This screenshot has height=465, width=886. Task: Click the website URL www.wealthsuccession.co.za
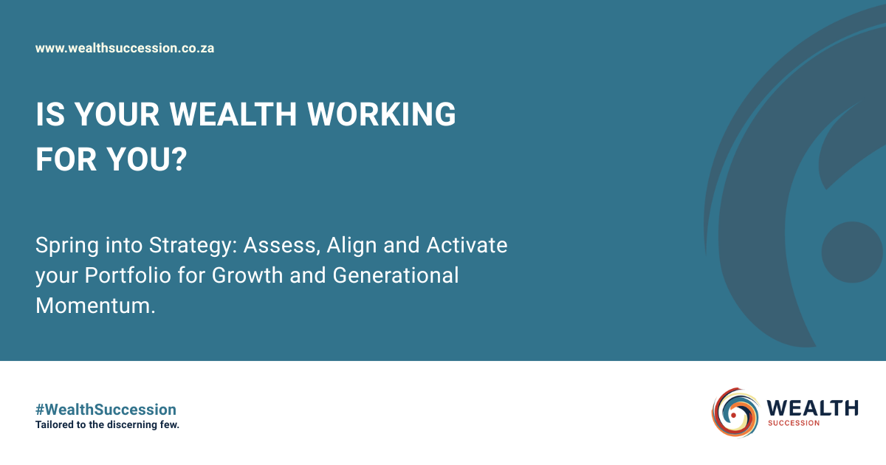[x=125, y=48]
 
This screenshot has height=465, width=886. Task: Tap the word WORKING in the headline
[x=381, y=114]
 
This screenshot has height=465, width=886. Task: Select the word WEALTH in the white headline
[x=233, y=114]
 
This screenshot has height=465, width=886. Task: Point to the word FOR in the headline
[x=66, y=159]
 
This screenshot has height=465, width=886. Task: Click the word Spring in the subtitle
[x=67, y=246]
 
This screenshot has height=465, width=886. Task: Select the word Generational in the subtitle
[x=396, y=275]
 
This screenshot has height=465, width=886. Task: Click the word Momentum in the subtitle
[x=93, y=306]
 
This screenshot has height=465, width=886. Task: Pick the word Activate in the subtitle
[x=467, y=245]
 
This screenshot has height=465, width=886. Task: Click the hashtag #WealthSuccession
[x=106, y=410]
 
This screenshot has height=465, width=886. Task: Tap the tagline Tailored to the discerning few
[x=107, y=424]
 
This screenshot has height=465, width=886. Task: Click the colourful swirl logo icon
[x=735, y=412]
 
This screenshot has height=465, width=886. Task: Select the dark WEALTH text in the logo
[x=812, y=408]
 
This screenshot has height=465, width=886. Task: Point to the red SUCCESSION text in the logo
[x=794, y=424]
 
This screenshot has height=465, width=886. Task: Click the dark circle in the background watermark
[x=852, y=252]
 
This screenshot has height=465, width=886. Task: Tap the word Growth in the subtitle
[x=247, y=275]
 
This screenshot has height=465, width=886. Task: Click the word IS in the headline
[x=50, y=114]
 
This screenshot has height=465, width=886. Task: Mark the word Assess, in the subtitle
[x=281, y=245]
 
